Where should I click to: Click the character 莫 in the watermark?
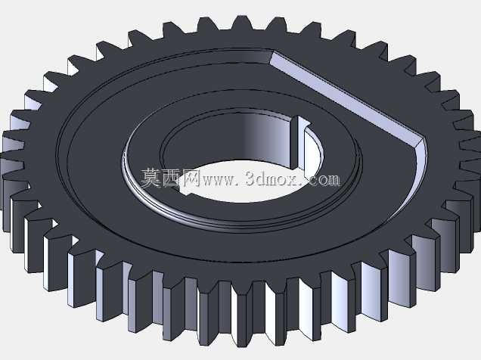(x=151, y=178)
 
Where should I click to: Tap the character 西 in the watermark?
(x=171, y=178)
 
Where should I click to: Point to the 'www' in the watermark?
(x=219, y=180)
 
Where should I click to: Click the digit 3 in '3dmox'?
(x=251, y=178)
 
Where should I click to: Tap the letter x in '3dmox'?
(x=296, y=180)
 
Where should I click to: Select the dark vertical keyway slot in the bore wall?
(x=294, y=143)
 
